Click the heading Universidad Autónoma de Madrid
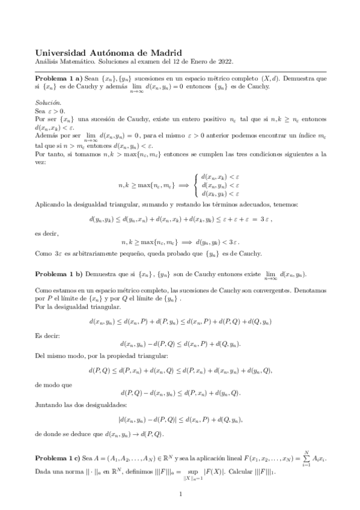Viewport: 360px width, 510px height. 109,54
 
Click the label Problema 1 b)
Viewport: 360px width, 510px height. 63,274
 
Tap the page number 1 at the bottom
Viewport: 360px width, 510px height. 180,494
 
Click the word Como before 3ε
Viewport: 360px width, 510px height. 43,254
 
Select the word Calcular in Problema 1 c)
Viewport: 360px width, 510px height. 248,472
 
